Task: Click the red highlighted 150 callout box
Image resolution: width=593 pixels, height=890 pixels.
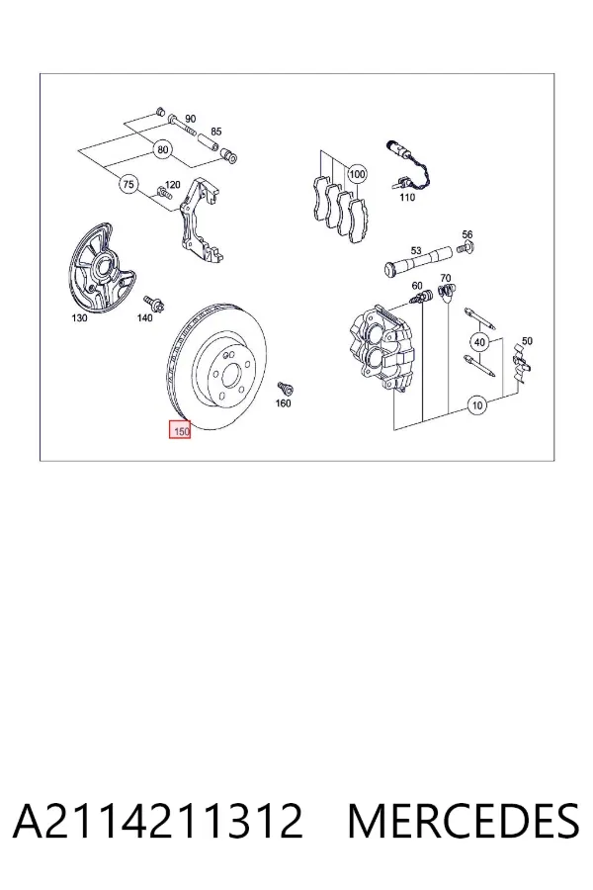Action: (x=180, y=430)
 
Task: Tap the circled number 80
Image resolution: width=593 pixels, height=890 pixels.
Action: (x=163, y=150)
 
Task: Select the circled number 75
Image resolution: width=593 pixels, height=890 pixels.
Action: (x=128, y=184)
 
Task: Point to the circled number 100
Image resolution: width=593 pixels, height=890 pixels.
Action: (x=357, y=174)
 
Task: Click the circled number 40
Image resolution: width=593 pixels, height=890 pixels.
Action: (x=479, y=342)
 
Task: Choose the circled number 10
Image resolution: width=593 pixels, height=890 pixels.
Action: (x=477, y=405)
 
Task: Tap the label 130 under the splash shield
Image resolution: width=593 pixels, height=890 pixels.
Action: (x=79, y=318)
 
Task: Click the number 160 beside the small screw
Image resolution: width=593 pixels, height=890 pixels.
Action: (x=283, y=403)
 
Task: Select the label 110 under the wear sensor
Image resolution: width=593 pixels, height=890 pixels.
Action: (x=407, y=197)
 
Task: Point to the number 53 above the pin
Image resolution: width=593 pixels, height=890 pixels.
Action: (x=416, y=250)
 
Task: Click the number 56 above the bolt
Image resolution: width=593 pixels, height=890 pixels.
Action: (x=467, y=233)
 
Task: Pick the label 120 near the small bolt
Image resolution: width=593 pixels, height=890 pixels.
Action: (x=172, y=185)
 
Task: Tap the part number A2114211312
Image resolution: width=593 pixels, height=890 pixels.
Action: (x=158, y=821)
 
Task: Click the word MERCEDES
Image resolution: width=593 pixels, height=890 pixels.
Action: (x=464, y=821)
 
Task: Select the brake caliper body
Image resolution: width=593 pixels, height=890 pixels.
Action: (x=381, y=347)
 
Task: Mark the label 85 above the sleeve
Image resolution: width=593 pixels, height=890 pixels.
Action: (x=216, y=132)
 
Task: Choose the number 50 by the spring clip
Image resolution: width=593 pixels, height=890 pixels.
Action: (x=527, y=341)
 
